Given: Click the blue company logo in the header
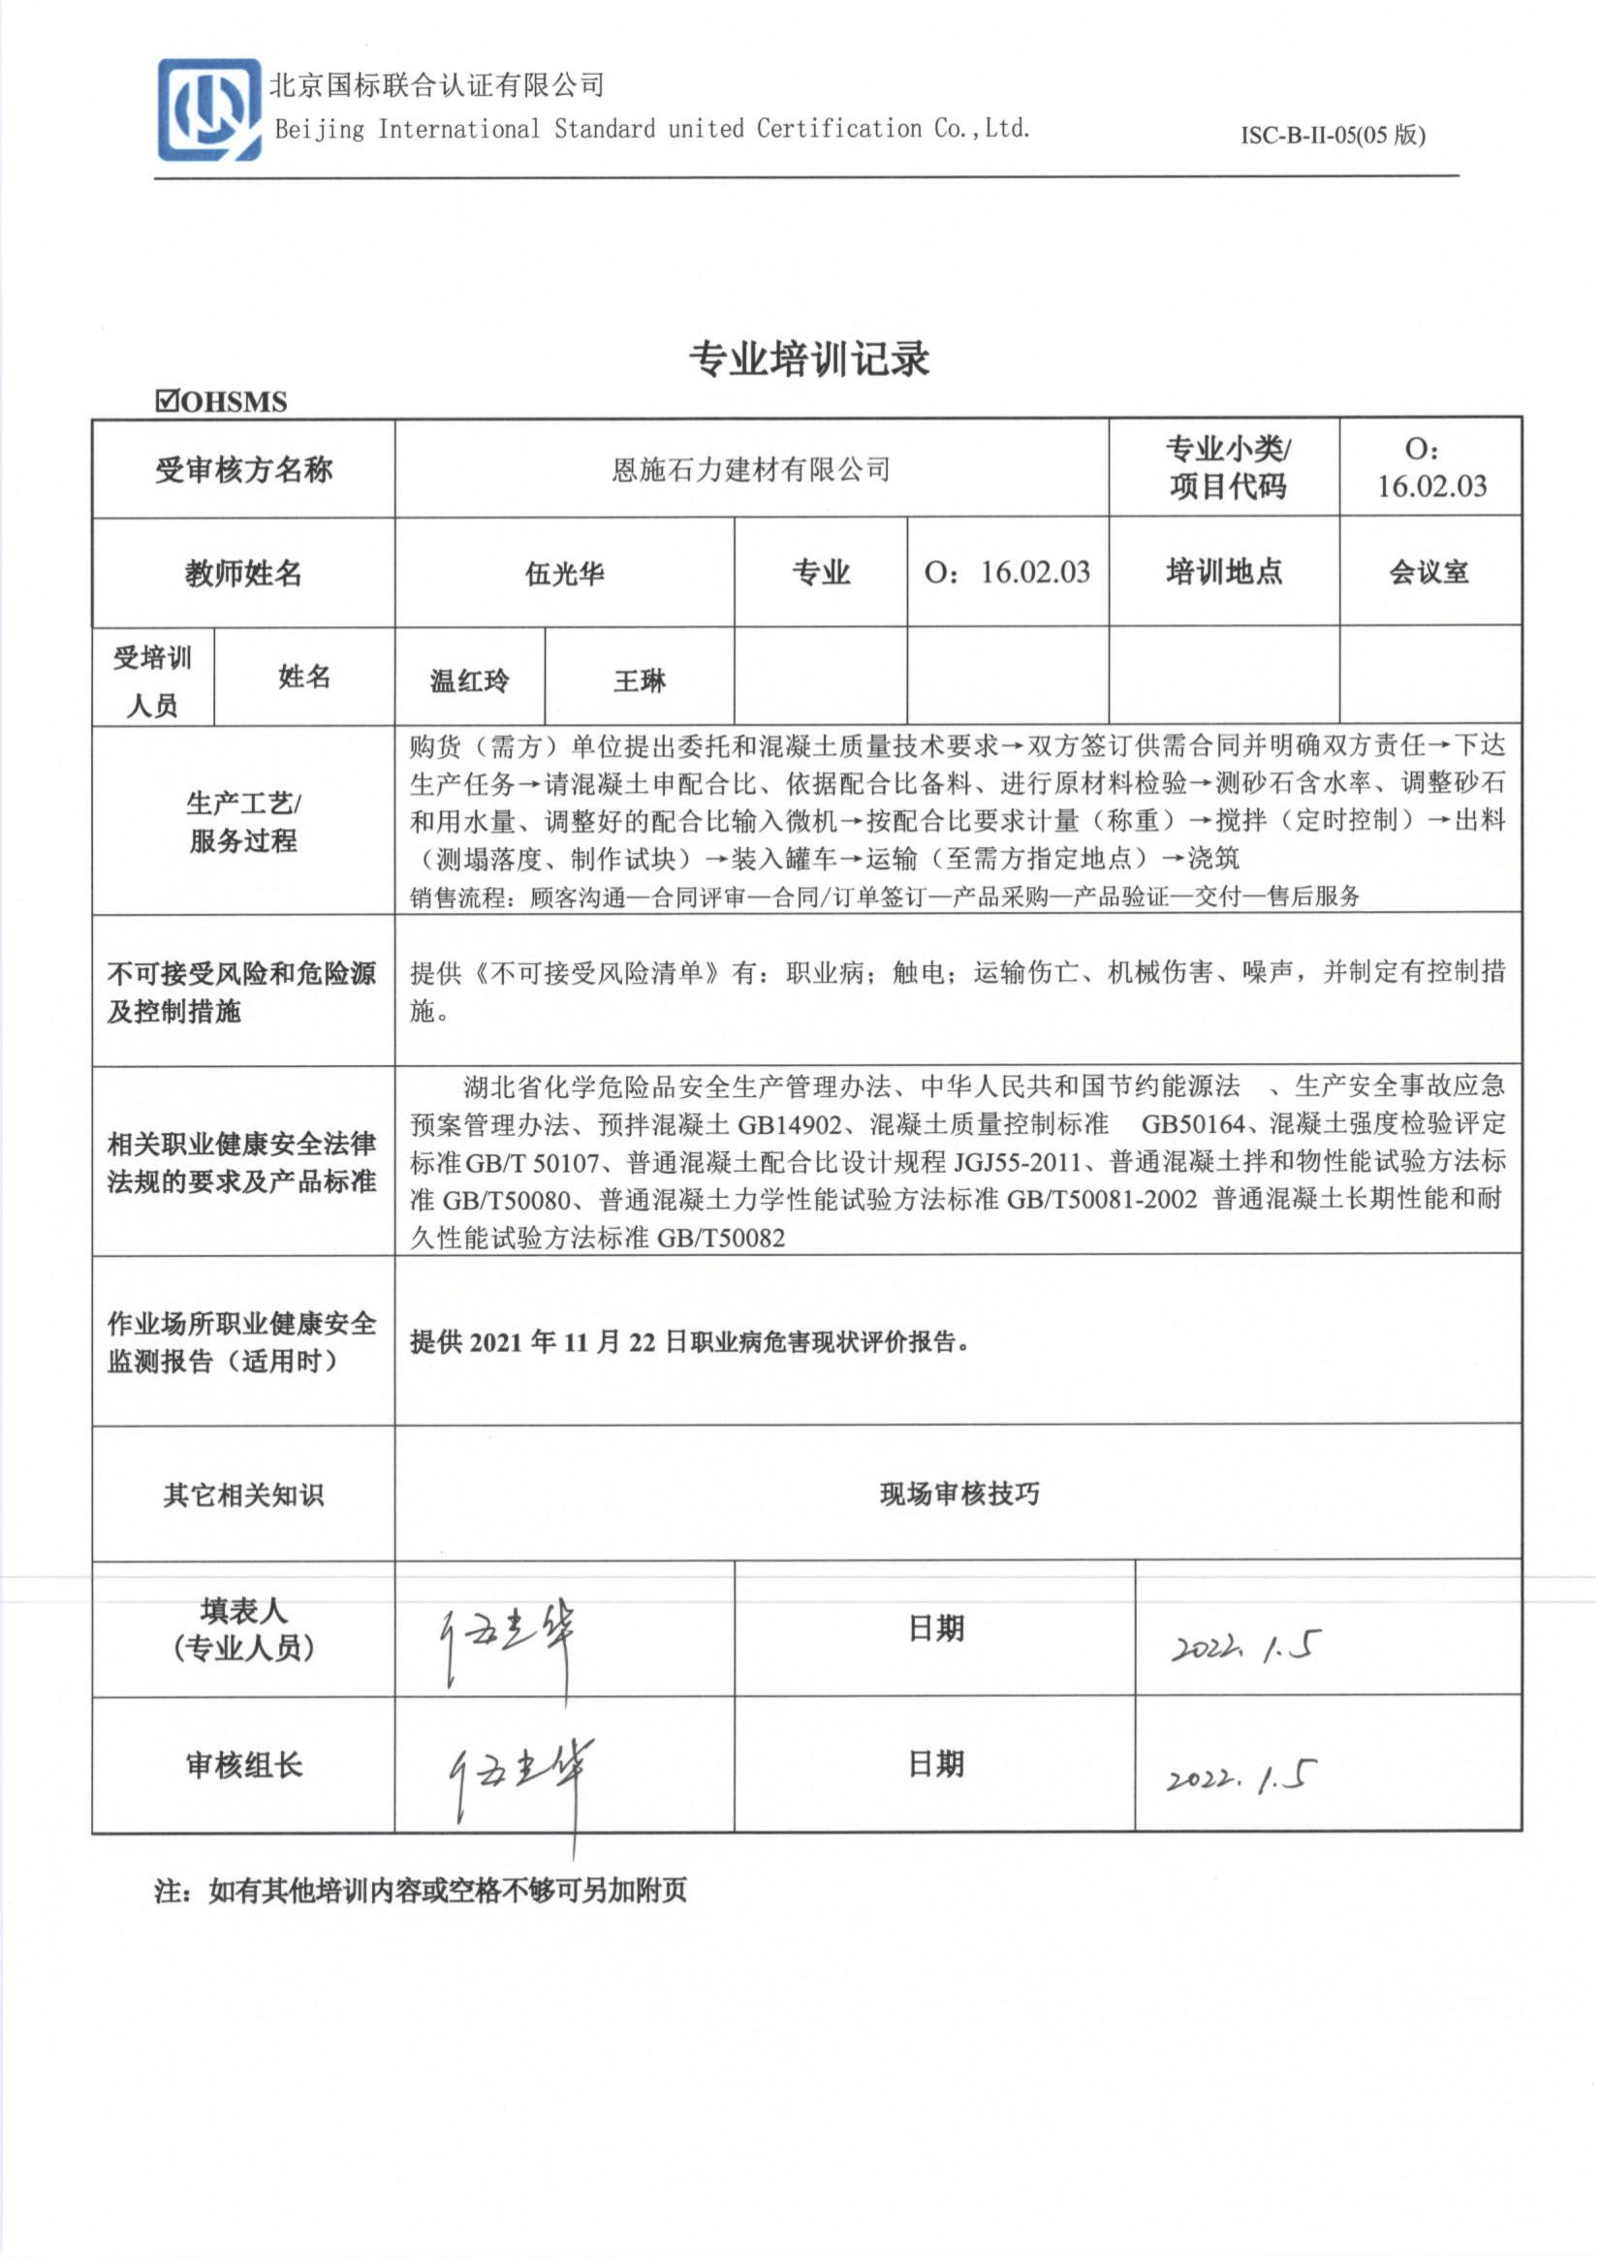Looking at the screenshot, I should [x=209, y=110].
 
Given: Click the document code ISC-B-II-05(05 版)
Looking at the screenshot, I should [x=1333, y=135].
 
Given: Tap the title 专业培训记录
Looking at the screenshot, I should [x=809, y=360].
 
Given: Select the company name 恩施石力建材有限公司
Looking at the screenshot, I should [x=751, y=470].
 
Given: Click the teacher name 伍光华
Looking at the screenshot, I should [x=564, y=573].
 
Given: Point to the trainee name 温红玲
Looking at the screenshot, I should [x=469, y=679].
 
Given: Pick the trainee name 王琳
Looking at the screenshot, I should [x=640, y=679].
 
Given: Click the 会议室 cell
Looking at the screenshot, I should [x=1429, y=572].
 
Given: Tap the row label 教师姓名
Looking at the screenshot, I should [x=242, y=573].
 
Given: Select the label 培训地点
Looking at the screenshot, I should [x=1223, y=572].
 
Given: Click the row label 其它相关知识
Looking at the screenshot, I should [x=242, y=1494].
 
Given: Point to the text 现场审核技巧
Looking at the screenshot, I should [x=958, y=1494].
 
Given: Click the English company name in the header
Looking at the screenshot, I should [x=651, y=128].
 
